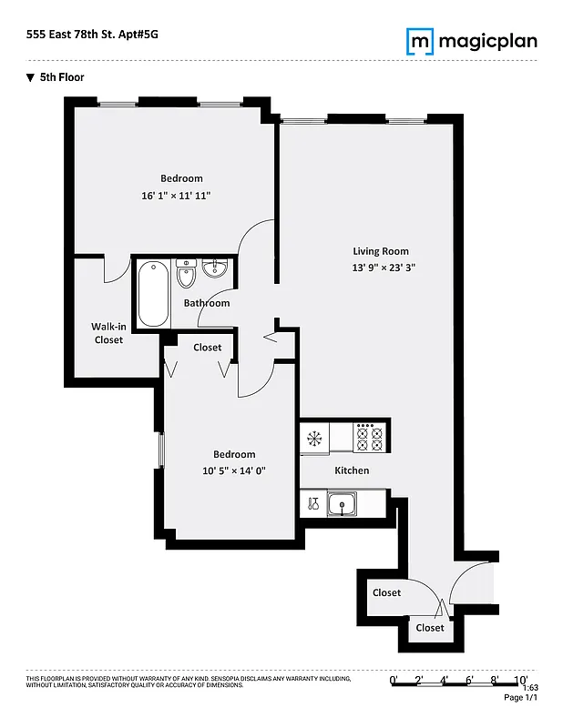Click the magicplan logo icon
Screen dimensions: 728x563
[419, 41]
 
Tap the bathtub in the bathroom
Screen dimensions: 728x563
[153, 294]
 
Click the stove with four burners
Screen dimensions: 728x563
[370, 438]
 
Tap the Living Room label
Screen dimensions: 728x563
[381, 251]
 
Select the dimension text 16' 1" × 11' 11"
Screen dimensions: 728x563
[181, 196]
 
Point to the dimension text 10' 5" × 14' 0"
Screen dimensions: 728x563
[234, 470]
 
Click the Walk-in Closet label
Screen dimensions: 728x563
[107, 333]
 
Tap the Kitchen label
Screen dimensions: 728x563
[352, 470]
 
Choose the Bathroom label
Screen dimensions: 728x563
[207, 303]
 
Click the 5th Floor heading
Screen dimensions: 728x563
[62, 77]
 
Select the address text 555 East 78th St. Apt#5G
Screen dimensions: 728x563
[85, 35]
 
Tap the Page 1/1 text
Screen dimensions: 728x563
[520, 698]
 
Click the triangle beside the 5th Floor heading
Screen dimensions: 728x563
[31, 77]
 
